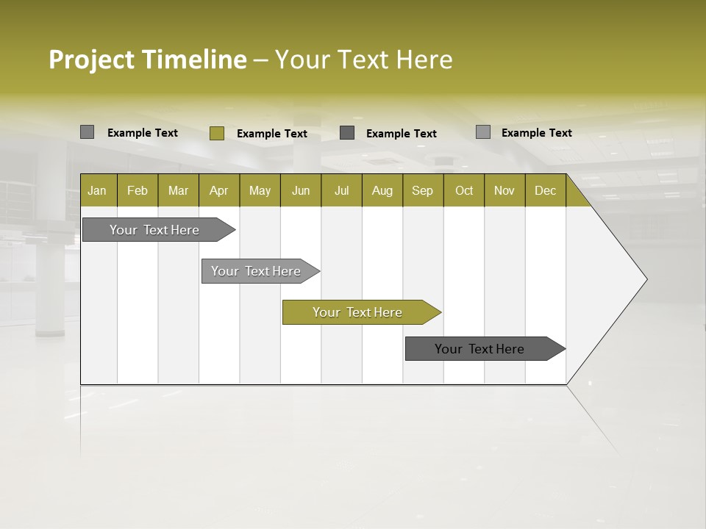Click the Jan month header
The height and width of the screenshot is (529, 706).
coord(97,190)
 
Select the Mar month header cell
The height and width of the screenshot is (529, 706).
coord(178,190)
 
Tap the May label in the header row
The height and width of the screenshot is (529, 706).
coord(260,190)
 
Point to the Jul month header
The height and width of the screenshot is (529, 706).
coord(341,190)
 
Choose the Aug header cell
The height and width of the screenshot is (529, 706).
coord(382,190)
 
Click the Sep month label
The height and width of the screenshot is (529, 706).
coord(422,190)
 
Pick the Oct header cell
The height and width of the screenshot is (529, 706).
coord(464,190)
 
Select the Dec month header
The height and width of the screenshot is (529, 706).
coord(545,190)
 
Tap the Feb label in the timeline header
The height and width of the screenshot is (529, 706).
coord(138,190)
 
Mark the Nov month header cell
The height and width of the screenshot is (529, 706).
coord(504,190)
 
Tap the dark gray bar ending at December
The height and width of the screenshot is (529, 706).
coord(483,349)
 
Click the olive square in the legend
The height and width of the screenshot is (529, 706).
coord(216,133)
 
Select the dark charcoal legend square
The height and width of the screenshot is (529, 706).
coord(347,133)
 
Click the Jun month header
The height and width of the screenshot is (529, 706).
coord(301,190)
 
